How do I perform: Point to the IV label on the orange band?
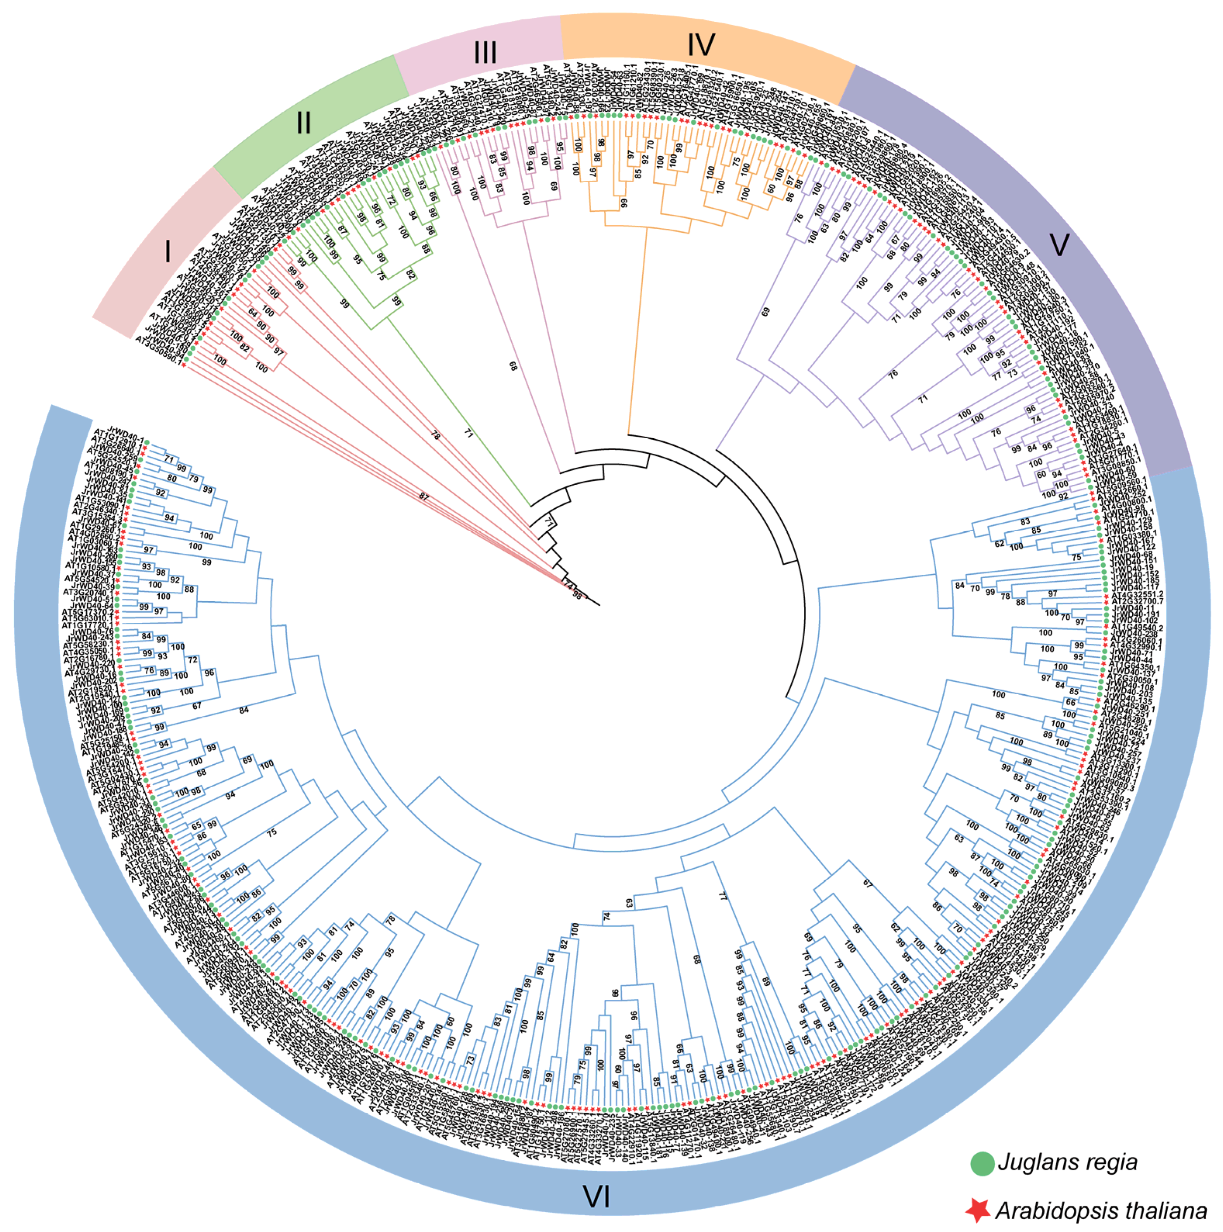(x=701, y=45)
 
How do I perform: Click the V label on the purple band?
(x=1059, y=245)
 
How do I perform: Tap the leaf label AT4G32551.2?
(x=1138, y=594)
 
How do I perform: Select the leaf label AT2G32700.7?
(x=1138, y=601)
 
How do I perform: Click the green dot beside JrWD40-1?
(x=147, y=442)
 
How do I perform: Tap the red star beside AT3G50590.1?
(x=184, y=364)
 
